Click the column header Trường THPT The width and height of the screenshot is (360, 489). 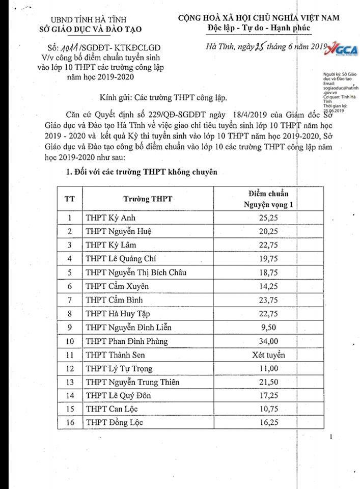tap(148, 199)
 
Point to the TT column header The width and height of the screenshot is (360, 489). tap(69, 199)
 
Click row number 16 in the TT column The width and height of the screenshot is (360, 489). tap(69, 422)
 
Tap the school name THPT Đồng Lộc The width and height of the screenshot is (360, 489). tap(115, 422)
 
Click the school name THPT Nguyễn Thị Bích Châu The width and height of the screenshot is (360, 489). tap(136, 273)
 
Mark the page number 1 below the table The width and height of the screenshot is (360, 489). tap(330, 437)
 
